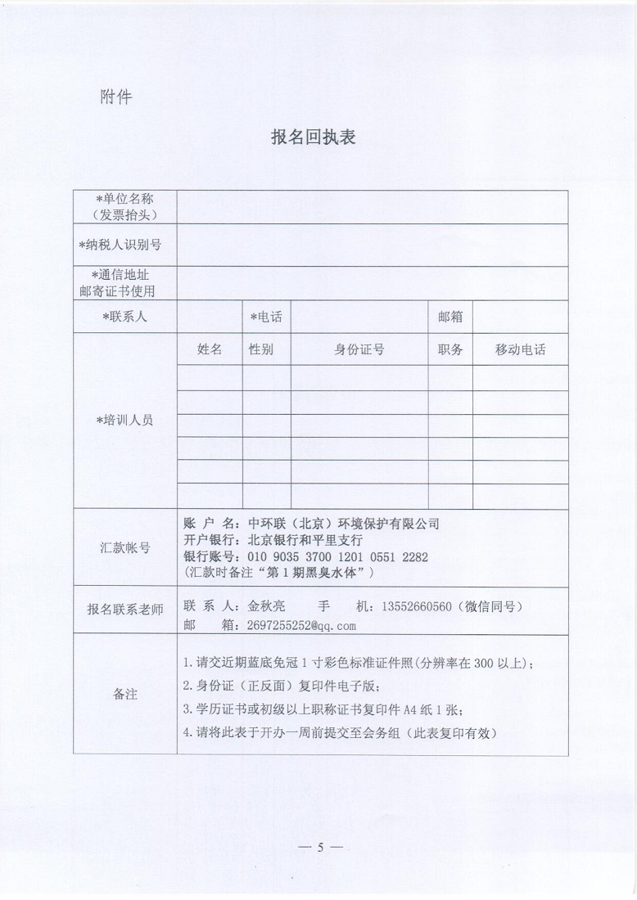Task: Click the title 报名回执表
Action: coord(313,137)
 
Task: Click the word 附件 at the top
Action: coord(115,97)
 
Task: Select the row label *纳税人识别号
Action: coord(124,245)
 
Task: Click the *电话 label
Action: coord(266,316)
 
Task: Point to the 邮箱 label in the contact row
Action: coord(450,316)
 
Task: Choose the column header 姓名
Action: coord(210,349)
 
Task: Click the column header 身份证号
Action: coord(359,349)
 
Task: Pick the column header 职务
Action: coord(450,349)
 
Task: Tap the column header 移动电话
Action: coord(520,349)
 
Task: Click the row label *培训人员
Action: coord(124,420)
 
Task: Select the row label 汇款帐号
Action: coord(124,548)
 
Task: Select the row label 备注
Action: coord(124,695)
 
